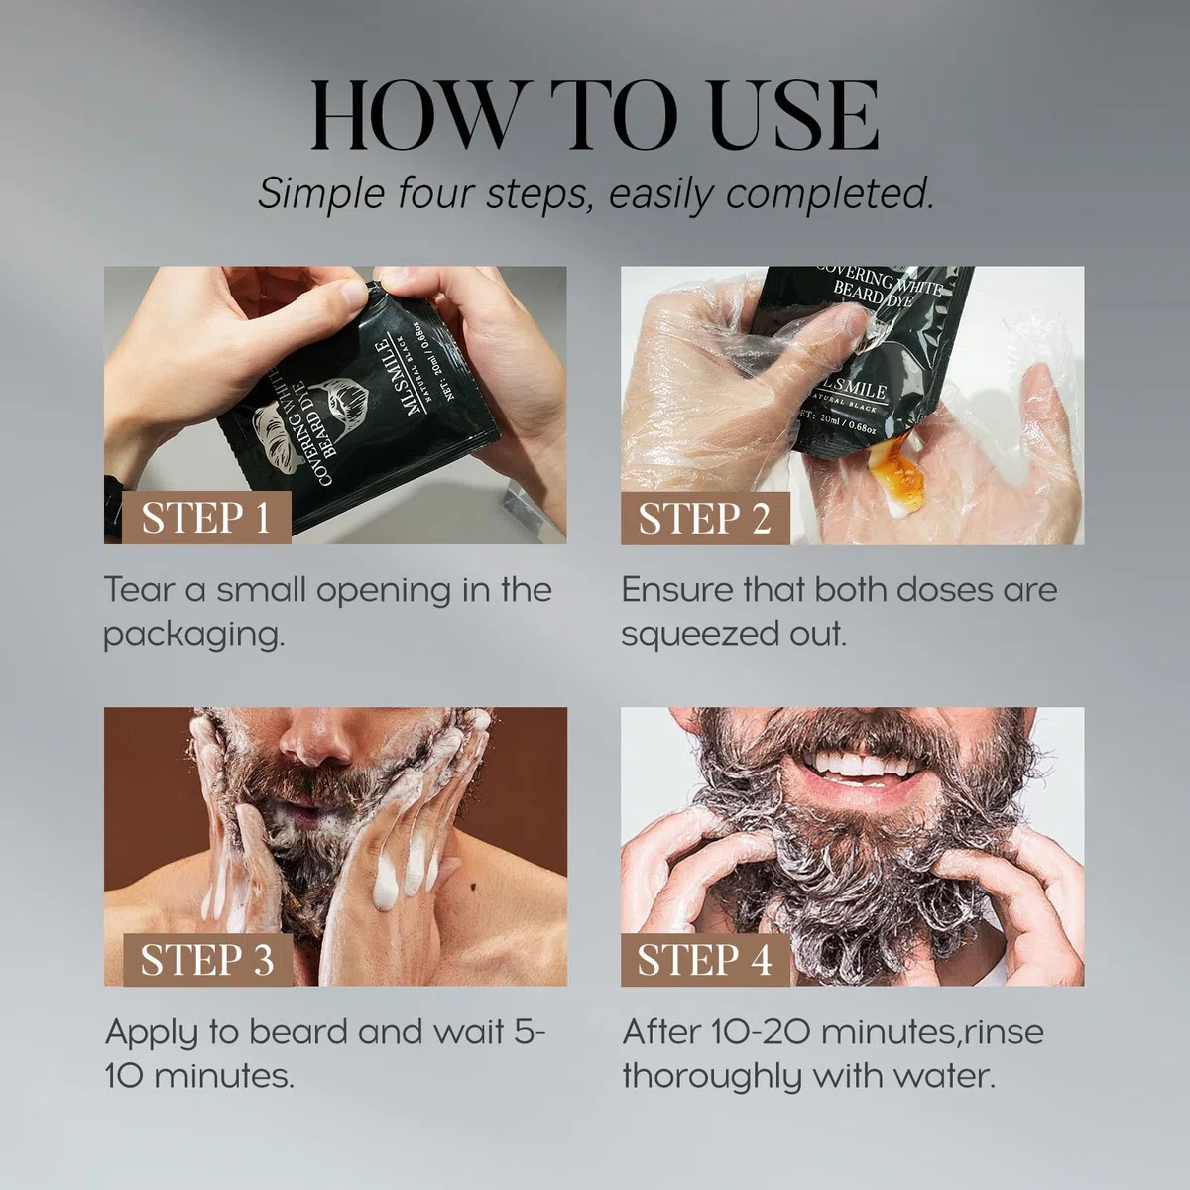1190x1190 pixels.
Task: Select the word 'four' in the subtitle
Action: pyautogui.click(x=434, y=193)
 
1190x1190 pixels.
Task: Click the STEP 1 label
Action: pyautogui.click(x=206, y=518)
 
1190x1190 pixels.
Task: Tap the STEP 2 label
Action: pyautogui.click(x=705, y=518)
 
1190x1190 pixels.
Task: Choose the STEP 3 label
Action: pyautogui.click(x=207, y=960)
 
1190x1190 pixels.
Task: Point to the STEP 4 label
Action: pyautogui.click(x=705, y=960)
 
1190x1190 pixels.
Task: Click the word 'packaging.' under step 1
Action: pyautogui.click(x=194, y=635)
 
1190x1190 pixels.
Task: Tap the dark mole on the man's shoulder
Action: pyautogui.click(x=474, y=888)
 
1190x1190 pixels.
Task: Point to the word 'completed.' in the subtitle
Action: pyautogui.click(x=830, y=193)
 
